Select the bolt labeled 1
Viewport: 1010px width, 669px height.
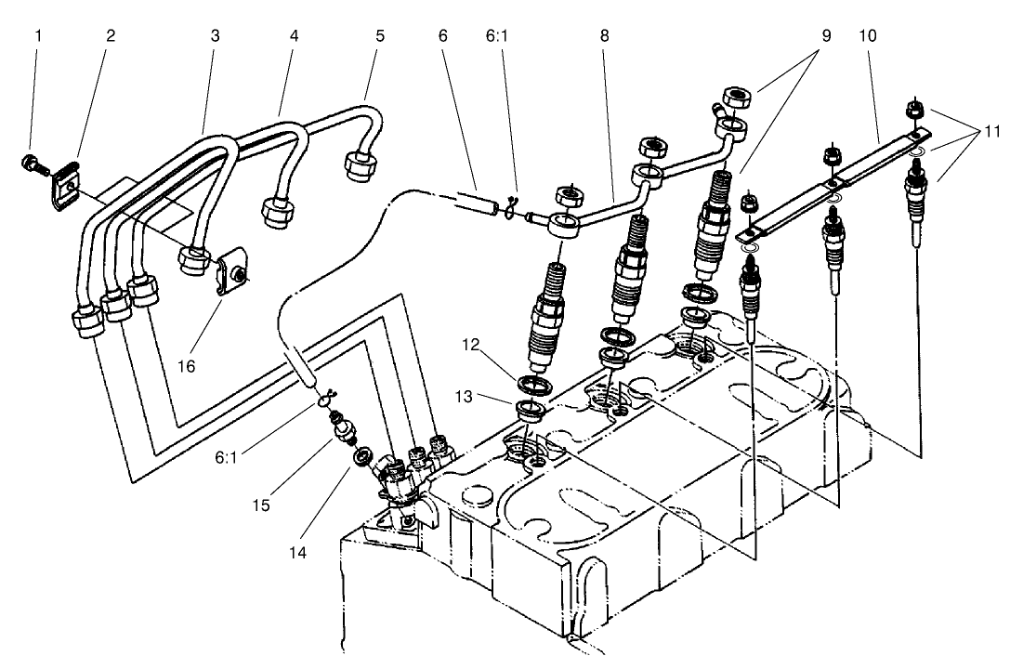(x=33, y=166)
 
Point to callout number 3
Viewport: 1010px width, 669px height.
(x=216, y=38)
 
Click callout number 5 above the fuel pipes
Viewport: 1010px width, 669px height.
(x=380, y=38)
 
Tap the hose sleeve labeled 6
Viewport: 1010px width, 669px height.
(x=477, y=202)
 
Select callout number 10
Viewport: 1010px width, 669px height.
(x=869, y=38)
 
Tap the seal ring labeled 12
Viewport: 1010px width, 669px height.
(x=534, y=385)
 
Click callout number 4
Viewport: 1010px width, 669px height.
(x=294, y=38)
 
